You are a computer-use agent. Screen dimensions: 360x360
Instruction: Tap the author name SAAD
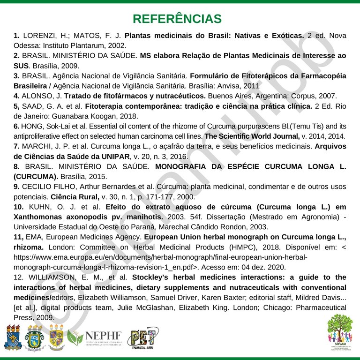[32, 106]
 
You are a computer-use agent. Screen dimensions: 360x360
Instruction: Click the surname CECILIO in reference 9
[41, 187]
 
